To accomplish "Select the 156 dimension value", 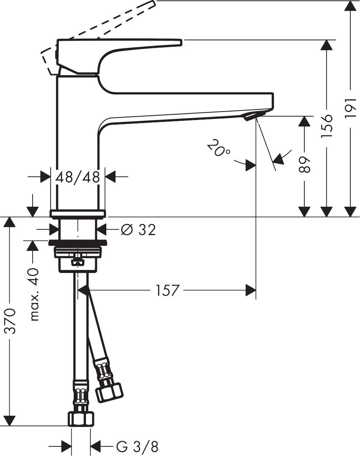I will (327, 126).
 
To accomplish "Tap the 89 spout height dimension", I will (304, 164).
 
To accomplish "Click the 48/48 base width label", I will (78, 177).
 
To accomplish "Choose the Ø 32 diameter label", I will (138, 230).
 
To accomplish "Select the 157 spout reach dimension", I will (167, 290).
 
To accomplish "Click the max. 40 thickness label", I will (35, 295).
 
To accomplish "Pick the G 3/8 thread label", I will (137, 447).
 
